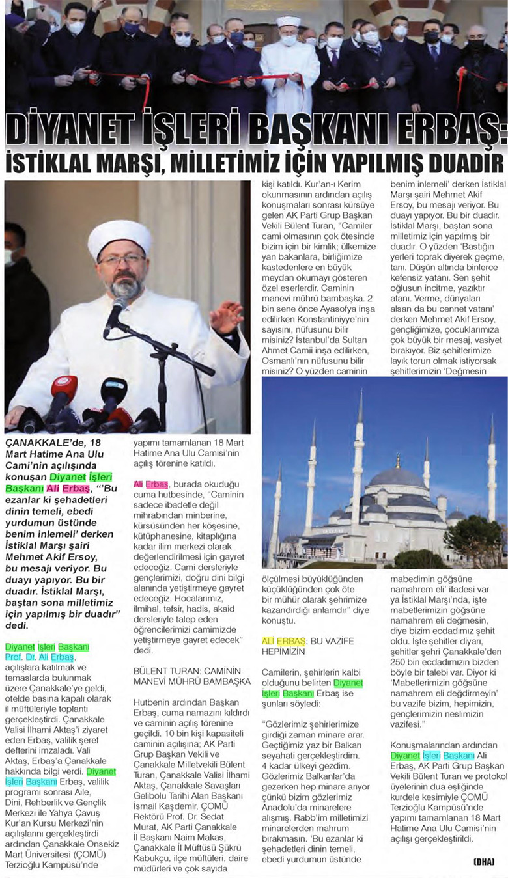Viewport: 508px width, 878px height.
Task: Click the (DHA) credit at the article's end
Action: (x=485, y=862)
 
